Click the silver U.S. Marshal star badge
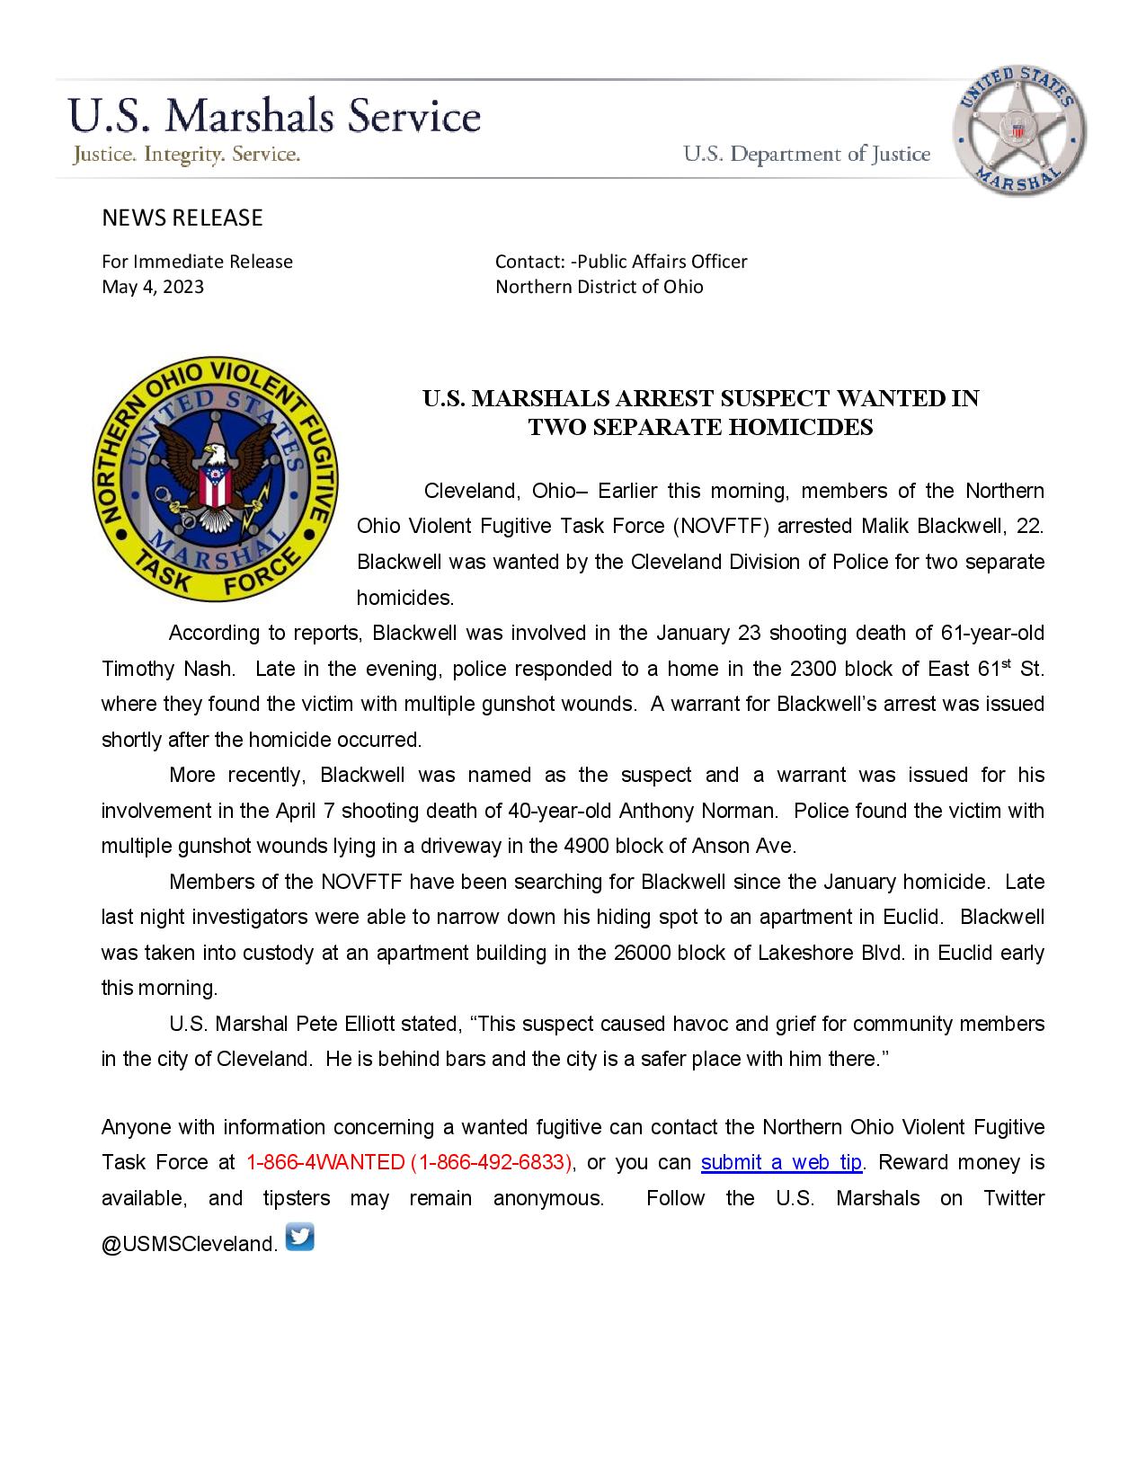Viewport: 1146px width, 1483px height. [x=1018, y=130]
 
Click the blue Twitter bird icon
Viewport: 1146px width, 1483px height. [x=299, y=1237]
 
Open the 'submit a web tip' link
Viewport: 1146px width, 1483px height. [x=781, y=1162]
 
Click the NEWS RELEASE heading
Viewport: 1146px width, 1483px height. [x=182, y=218]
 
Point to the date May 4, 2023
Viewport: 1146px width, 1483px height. [x=153, y=287]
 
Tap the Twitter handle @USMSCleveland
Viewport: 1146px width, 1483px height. [x=189, y=1244]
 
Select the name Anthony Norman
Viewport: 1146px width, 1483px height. [x=697, y=811]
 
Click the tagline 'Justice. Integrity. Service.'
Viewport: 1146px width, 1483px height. [x=186, y=155]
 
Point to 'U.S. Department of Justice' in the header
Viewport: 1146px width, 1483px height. [x=806, y=155]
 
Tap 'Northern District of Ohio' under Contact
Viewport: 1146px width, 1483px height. [x=600, y=287]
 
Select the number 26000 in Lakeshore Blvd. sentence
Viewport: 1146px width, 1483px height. [x=642, y=953]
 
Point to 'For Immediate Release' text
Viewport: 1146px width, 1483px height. [x=197, y=262]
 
